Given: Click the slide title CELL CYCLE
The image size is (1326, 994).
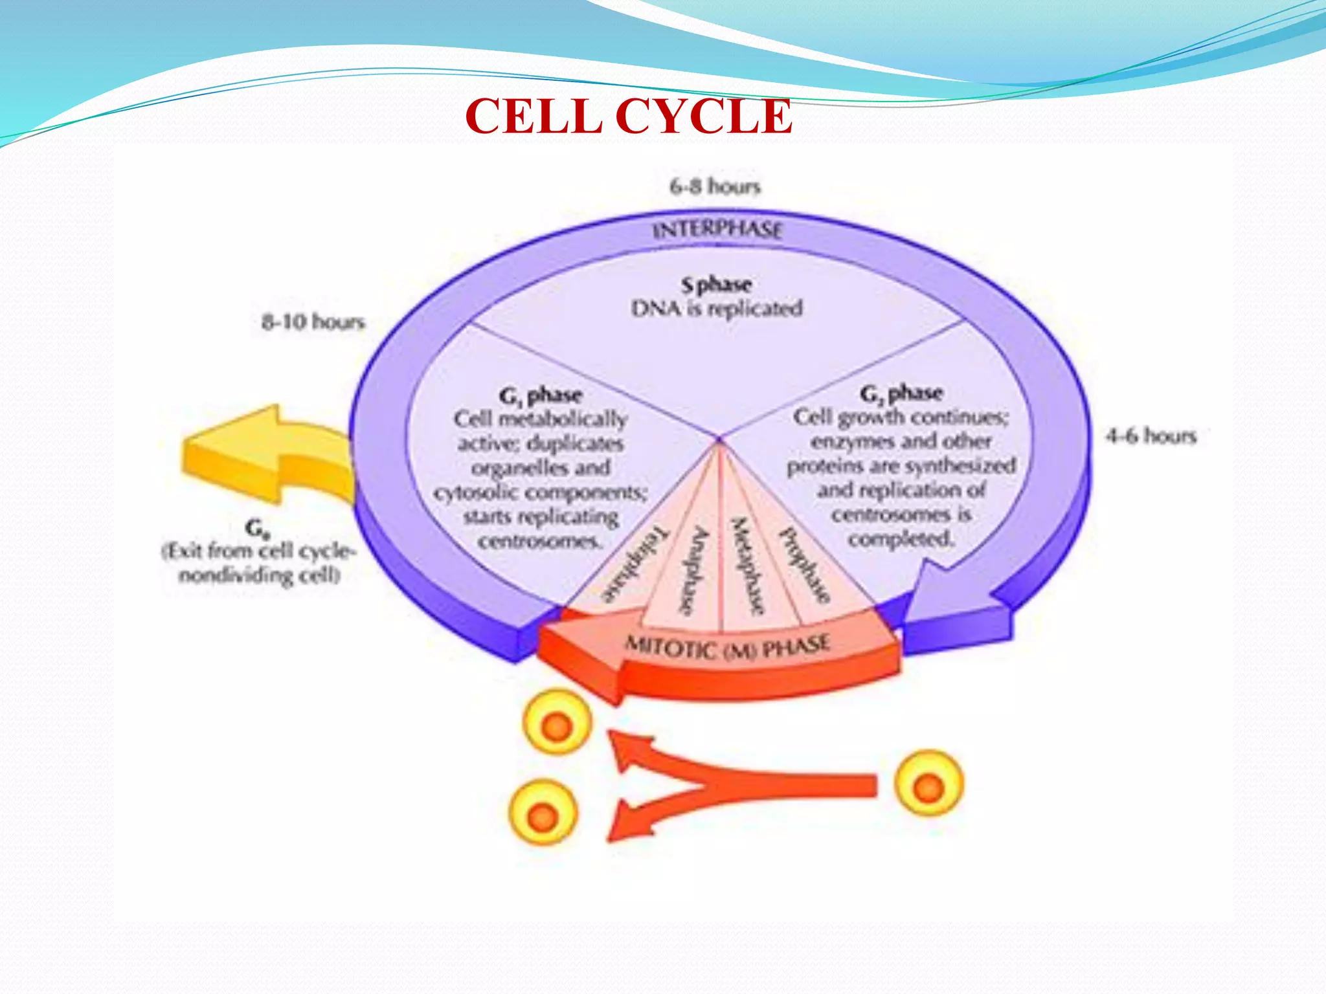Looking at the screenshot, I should click(x=628, y=116).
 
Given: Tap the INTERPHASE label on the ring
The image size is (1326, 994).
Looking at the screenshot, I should click(x=717, y=230).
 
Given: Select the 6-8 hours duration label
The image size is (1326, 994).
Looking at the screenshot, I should click(x=715, y=186).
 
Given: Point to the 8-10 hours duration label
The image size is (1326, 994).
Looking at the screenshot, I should click(x=313, y=322).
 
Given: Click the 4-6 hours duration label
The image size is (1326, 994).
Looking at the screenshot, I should click(x=1151, y=436).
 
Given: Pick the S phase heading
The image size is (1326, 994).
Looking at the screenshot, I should click(x=716, y=285).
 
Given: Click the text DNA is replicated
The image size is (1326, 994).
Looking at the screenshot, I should click(x=716, y=309).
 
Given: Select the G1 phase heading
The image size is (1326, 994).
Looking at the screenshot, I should click(x=541, y=395).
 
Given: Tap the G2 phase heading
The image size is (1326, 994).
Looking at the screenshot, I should click(x=901, y=393).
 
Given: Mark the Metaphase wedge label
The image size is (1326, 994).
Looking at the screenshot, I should click(x=748, y=566).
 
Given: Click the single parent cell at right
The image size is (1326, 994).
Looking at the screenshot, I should click(x=928, y=783).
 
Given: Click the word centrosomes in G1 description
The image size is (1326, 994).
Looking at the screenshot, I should click(x=539, y=541).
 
